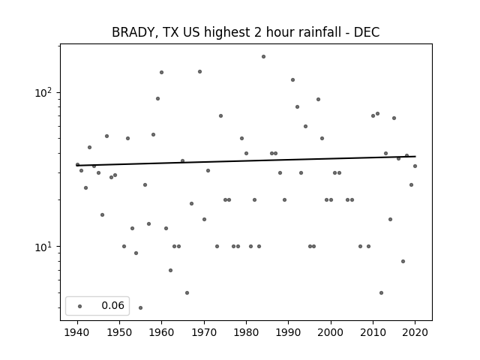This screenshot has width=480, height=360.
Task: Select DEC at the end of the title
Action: point(367,32)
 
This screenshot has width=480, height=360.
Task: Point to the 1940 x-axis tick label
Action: point(77,332)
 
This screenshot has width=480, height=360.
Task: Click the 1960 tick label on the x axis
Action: point(162,332)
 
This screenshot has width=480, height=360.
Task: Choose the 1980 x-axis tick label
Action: point(246,332)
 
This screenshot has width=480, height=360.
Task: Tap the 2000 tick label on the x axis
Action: point(331,332)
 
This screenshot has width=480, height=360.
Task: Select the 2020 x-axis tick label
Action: point(415,332)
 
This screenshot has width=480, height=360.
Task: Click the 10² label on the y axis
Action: point(44,91)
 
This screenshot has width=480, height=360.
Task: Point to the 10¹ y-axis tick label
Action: point(44,247)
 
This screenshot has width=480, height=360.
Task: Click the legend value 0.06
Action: point(113,305)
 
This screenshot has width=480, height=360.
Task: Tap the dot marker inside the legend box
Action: point(80,306)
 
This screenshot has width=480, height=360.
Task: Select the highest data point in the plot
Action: point(263,57)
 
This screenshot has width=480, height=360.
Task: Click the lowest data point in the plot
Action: point(140,307)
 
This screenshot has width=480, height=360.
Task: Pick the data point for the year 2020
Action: point(415,166)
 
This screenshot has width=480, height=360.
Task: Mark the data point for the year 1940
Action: point(77,165)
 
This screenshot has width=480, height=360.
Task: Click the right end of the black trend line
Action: point(415,157)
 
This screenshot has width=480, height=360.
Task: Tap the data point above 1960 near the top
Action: point(162,72)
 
